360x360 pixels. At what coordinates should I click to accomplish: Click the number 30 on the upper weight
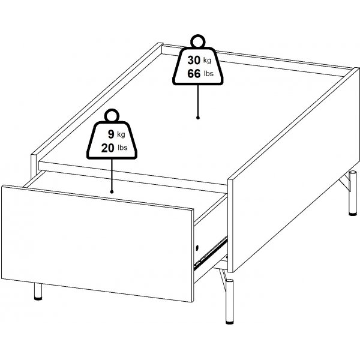coord(194,61)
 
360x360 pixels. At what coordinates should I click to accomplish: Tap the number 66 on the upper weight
coord(194,74)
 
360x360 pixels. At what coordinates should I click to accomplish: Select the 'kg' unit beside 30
coord(207,61)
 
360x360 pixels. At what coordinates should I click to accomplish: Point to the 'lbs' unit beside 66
coord(209,73)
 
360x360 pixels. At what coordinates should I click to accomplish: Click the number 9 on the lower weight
coord(111,134)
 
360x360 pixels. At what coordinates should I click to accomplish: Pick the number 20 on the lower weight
coord(107,148)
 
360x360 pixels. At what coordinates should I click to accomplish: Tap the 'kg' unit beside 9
coord(121,134)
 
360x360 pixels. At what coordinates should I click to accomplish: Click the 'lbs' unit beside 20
coord(122,148)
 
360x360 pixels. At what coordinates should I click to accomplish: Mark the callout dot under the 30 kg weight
coord(198,118)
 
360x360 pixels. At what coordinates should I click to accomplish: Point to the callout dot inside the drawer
coord(112,192)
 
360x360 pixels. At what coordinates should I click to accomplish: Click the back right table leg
coord(352,193)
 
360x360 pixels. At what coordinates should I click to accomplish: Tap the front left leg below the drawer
coord(38,292)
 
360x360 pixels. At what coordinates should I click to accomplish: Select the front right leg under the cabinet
coord(229,301)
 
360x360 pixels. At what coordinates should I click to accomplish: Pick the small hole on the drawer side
coord(197,248)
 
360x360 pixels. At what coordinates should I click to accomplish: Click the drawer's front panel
coord(97,244)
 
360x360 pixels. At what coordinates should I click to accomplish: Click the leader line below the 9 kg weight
coord(112,175)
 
